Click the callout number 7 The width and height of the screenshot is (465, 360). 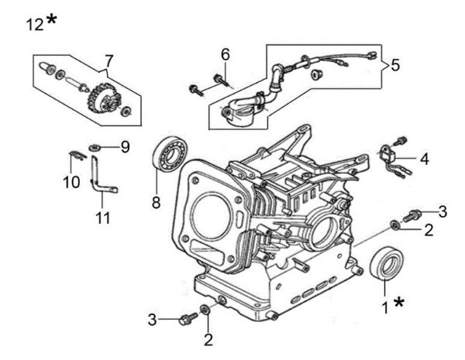tap(109, 60)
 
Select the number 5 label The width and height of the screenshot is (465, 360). tap(395, 65)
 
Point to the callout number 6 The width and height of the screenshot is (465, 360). tap(226, 54)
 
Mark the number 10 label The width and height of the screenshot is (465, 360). tap(71, 182)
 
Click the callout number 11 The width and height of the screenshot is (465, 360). tap(102, 219)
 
